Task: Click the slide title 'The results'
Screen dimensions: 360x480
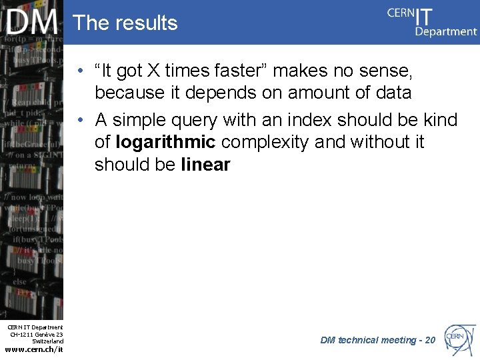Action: click(125, 23)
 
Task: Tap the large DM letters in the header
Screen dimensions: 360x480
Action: click(33, 23)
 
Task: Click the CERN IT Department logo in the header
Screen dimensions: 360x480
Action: click(432, 21)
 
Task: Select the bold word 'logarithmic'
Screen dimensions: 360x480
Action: click(165, 142)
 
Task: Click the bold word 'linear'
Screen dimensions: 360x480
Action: click(205, 164)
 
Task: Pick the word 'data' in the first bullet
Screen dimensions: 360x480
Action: click(393, 92)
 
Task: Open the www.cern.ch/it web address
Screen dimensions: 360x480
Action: click(34, 349)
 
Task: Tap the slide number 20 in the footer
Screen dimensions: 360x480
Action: click(430, 340)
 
